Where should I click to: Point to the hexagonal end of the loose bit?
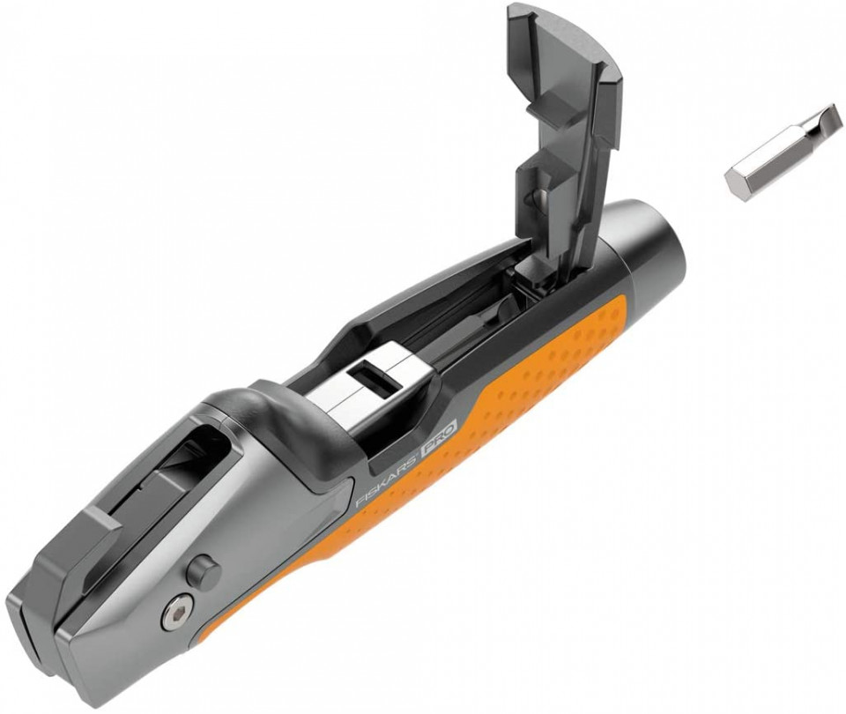click(x=738, y=184)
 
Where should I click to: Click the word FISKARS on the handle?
click(x=386, y=480)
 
